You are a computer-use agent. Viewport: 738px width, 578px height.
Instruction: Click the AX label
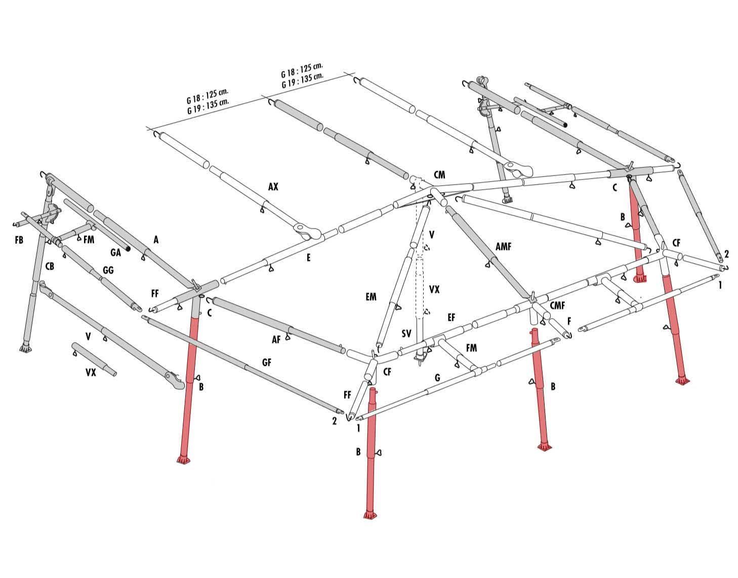pos(273,186)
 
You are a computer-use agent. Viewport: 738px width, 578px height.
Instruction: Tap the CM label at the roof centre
pos(439,175)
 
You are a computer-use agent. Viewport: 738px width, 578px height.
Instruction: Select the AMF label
pos(503,246)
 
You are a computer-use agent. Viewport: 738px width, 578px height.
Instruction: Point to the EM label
pos(371,297)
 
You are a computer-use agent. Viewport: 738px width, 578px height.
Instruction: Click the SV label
pos(406,334)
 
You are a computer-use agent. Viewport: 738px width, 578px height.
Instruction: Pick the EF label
pos(451,317)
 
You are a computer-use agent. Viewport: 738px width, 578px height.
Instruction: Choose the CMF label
pos(557,306)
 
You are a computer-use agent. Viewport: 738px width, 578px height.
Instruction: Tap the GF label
pos(267,363)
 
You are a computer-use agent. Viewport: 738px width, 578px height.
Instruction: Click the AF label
pos(276,339)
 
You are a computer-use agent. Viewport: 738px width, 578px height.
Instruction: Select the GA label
pos(115,253)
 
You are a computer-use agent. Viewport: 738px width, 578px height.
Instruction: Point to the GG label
pos(108,270)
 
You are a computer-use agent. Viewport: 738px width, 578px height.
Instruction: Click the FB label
pos(19,240)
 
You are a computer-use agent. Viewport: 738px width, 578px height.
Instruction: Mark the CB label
pos(50,266)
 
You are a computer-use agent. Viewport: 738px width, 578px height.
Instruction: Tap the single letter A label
pos(156,240)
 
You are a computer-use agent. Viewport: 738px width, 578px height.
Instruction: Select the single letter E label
pos(308,258)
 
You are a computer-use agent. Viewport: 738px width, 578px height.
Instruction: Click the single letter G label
pos(437,377)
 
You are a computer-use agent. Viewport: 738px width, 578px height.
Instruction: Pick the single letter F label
pos(569,321)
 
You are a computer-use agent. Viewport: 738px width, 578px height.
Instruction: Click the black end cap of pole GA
pos(128,249)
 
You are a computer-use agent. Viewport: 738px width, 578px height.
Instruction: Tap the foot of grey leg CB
pos(24,348)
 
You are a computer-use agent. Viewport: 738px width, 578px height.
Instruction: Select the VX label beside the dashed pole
pos(434,290)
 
